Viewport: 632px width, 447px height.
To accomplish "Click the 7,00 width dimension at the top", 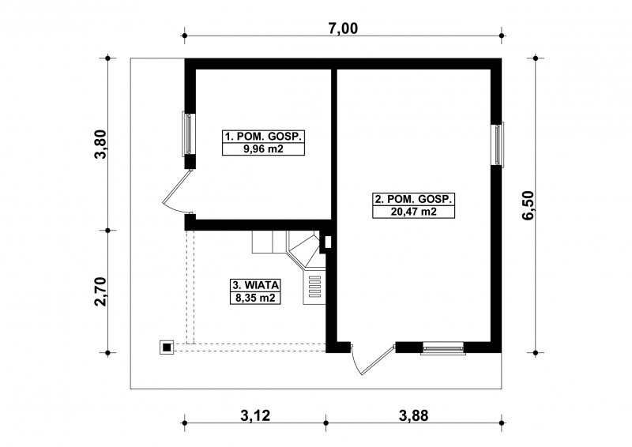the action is coord(343,28).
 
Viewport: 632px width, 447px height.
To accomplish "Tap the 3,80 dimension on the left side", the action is coord(100,145).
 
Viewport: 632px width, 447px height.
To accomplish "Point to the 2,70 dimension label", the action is coord(100,292).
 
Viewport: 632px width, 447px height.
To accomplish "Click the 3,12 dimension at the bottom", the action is coord(255,415).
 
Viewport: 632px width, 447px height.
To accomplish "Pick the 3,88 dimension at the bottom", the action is coord(413,415).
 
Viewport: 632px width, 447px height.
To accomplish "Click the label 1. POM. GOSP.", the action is coord(263,137).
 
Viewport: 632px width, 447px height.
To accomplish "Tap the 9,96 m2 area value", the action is coord(263,149).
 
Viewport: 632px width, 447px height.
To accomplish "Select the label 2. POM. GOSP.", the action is coord(413,200).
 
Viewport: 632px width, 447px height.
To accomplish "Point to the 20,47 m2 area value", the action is coord(413,212).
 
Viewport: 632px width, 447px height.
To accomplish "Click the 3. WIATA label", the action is coord(255,285).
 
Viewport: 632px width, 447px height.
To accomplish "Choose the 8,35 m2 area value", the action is coord(255,298).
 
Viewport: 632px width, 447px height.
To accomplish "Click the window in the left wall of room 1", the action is coord(189,133).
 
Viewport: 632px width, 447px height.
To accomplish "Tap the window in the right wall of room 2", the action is coord(498,144).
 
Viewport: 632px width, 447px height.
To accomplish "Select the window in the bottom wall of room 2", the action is coord(443,347).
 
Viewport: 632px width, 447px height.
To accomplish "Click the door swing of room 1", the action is coord(176,190).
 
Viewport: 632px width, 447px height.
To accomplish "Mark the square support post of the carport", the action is coord(167,347).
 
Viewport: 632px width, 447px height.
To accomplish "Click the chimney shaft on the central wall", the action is coord(327,242).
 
